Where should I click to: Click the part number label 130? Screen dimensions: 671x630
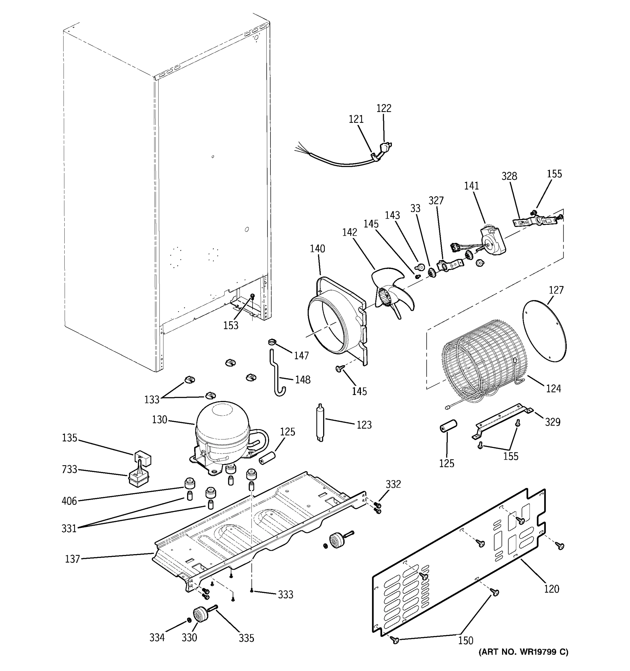coord(160,420)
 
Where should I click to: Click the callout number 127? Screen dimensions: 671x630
coord(556,290)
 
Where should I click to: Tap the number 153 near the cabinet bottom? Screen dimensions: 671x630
coord(230,325)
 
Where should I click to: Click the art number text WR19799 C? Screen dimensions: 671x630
coord(524,661)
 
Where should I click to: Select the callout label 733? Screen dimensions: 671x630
coord(69,469)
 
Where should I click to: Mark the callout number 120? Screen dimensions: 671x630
coord(552,589)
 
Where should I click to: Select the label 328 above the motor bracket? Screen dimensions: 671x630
coord(509,176)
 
